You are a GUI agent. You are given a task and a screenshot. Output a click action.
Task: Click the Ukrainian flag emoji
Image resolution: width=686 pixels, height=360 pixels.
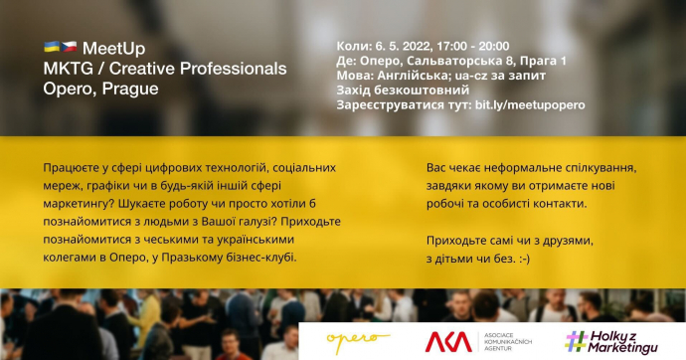click(52, 47)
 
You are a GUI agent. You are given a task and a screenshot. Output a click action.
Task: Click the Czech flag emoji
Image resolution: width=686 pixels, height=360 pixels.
click(70, 47)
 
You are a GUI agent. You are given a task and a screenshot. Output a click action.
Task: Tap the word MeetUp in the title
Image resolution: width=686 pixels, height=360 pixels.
click(113, 48)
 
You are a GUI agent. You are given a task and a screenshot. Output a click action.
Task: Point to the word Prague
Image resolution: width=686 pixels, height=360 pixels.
click(130, 89)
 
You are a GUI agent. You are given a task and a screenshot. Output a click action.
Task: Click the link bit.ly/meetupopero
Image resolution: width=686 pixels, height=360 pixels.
click(530, 105)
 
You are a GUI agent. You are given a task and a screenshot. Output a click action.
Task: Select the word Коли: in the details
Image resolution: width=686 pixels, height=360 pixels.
click(354, 46)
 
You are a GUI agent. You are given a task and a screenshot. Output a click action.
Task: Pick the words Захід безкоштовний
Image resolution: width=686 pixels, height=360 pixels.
click(403, 90)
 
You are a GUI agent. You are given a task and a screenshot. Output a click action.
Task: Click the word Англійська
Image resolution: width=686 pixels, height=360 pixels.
click(414, 76)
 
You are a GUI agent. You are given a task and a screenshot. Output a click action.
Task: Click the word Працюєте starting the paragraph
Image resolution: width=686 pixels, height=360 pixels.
click(69, 168)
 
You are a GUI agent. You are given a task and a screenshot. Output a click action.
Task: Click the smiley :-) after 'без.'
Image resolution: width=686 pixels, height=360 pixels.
click(524, 259)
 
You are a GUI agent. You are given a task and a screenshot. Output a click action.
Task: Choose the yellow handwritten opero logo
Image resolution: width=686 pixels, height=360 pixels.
click(358, 342)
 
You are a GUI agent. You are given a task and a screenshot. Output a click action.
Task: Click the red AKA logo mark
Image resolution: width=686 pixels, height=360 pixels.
click(448, 342)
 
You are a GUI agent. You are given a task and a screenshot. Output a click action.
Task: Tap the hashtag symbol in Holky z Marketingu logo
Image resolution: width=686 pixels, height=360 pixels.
click(577, 341)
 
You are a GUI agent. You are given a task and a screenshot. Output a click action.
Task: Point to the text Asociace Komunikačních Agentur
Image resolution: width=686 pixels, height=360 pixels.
click(507, 342)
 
